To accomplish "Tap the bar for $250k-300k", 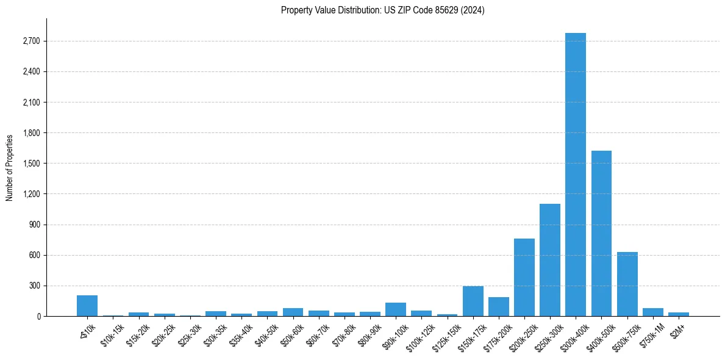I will pyautogui.click(x=549, y=260).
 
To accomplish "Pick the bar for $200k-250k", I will pyautogui.click(x=524, y=278).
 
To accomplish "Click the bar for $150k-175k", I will pyautogui.click(x=473, y=301).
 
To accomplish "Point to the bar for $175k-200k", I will pyautogui.click(x=498, y=306).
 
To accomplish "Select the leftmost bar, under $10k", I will pyautogui.click(x=87, y=306).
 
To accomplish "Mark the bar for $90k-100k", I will pyautogui.click(x=396, y=309).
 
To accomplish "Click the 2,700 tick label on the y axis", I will pyautogui.click(x=30, y=41).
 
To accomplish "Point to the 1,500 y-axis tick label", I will pyautogui.click(x=30, y=164).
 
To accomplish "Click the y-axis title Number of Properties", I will pyautogui.click(x=10, y=168).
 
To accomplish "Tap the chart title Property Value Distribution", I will pyautogui.click(x=382, y=10).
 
